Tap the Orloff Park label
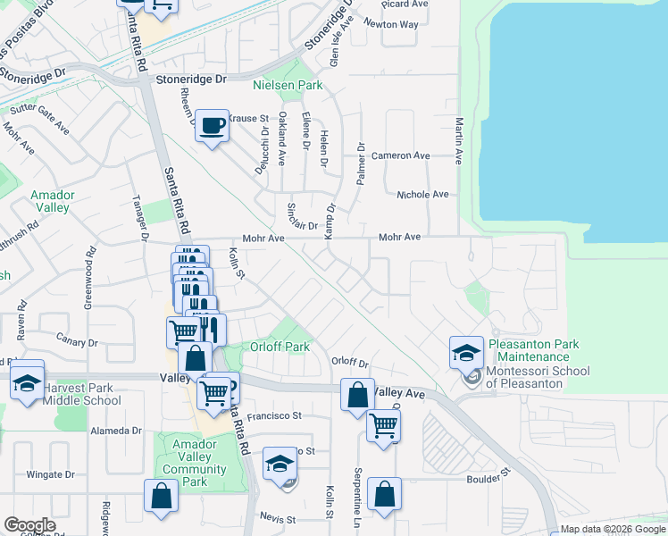[280, 347]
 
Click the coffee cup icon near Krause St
[212, 126]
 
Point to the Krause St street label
[248, 118]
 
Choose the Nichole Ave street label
[422, 194]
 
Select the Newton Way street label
[397, 24]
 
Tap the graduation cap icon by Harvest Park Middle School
[27, 382]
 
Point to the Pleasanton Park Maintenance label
[533, 350]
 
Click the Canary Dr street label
[76, 339]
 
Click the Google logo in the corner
[29, 525]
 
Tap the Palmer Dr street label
[362, 163]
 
